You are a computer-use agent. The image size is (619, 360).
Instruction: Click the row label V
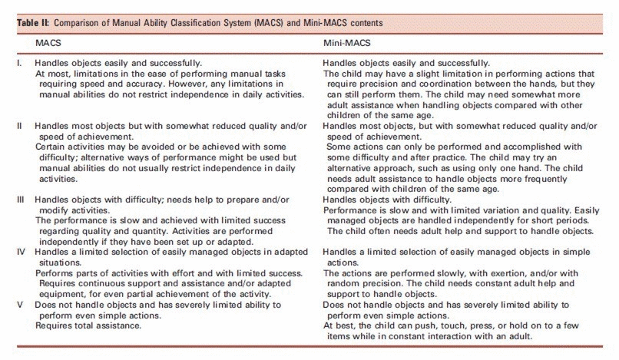coord(21,305)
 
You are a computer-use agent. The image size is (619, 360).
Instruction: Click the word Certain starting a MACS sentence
coord(51,147)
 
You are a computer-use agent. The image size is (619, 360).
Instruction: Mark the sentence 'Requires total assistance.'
coord(84,325)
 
